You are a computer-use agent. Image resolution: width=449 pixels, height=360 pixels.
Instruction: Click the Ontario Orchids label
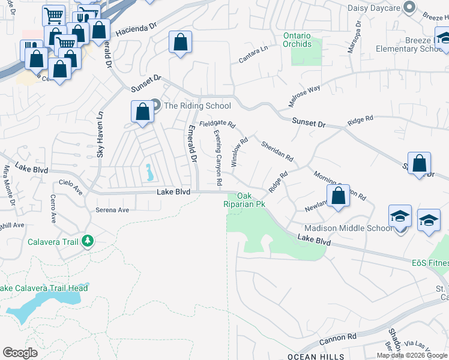(x=298, y=40)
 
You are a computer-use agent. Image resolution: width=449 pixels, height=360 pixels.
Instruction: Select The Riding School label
(x=197, y=106)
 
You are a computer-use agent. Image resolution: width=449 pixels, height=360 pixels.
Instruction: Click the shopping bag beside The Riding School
(x=142, y=112)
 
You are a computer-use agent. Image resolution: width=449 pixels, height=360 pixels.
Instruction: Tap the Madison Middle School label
(x=349, y=228)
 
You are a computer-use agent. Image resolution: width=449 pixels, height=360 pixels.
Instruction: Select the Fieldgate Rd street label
(x=217, y=123)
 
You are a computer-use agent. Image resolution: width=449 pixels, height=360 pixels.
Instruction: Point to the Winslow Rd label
(x=240, y=153)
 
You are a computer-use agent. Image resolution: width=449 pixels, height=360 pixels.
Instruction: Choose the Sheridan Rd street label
(x=277, y=151)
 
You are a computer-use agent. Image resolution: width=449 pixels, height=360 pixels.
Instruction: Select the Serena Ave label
(x=112, y=210)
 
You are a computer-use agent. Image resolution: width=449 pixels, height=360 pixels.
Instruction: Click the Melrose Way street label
(x=304, y=95)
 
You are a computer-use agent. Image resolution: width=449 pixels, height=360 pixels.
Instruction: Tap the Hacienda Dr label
(x=136, y=27)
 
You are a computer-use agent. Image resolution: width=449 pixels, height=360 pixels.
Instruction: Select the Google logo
(x=20, y=353)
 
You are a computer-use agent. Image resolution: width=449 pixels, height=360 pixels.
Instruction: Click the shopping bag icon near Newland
(x=339, y=196)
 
